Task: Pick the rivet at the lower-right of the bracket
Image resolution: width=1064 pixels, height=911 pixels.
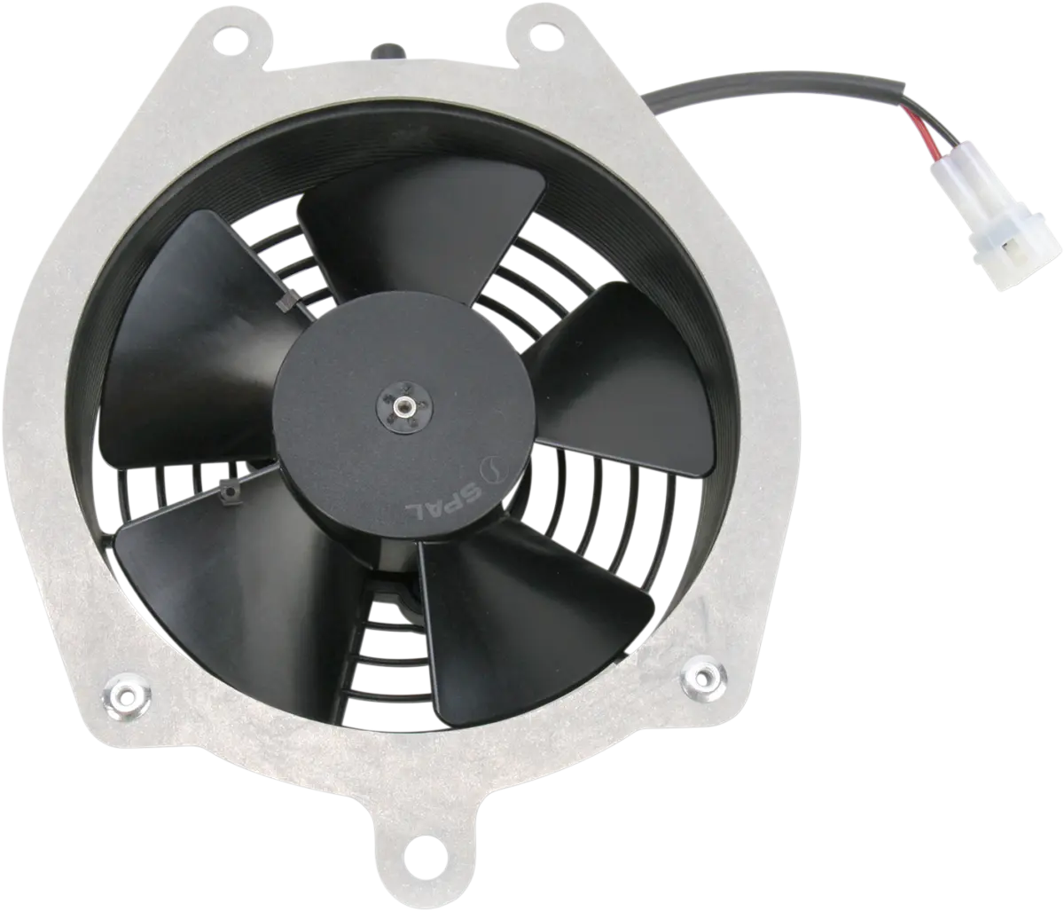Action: point(704,676)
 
